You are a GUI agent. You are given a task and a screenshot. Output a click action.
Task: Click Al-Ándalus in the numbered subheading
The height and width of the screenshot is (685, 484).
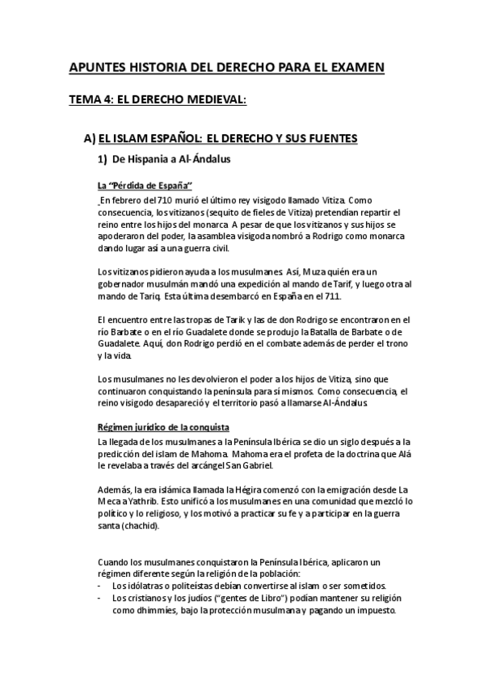[203, 159]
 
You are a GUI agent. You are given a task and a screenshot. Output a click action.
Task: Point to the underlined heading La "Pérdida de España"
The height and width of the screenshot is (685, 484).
[139, 186]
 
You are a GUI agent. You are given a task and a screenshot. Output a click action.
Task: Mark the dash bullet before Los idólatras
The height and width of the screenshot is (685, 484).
[99, 586]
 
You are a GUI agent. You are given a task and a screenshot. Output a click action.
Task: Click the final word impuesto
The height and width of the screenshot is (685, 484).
[373, 611]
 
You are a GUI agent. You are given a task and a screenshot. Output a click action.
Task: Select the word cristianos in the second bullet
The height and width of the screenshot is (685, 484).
[146, 599]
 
